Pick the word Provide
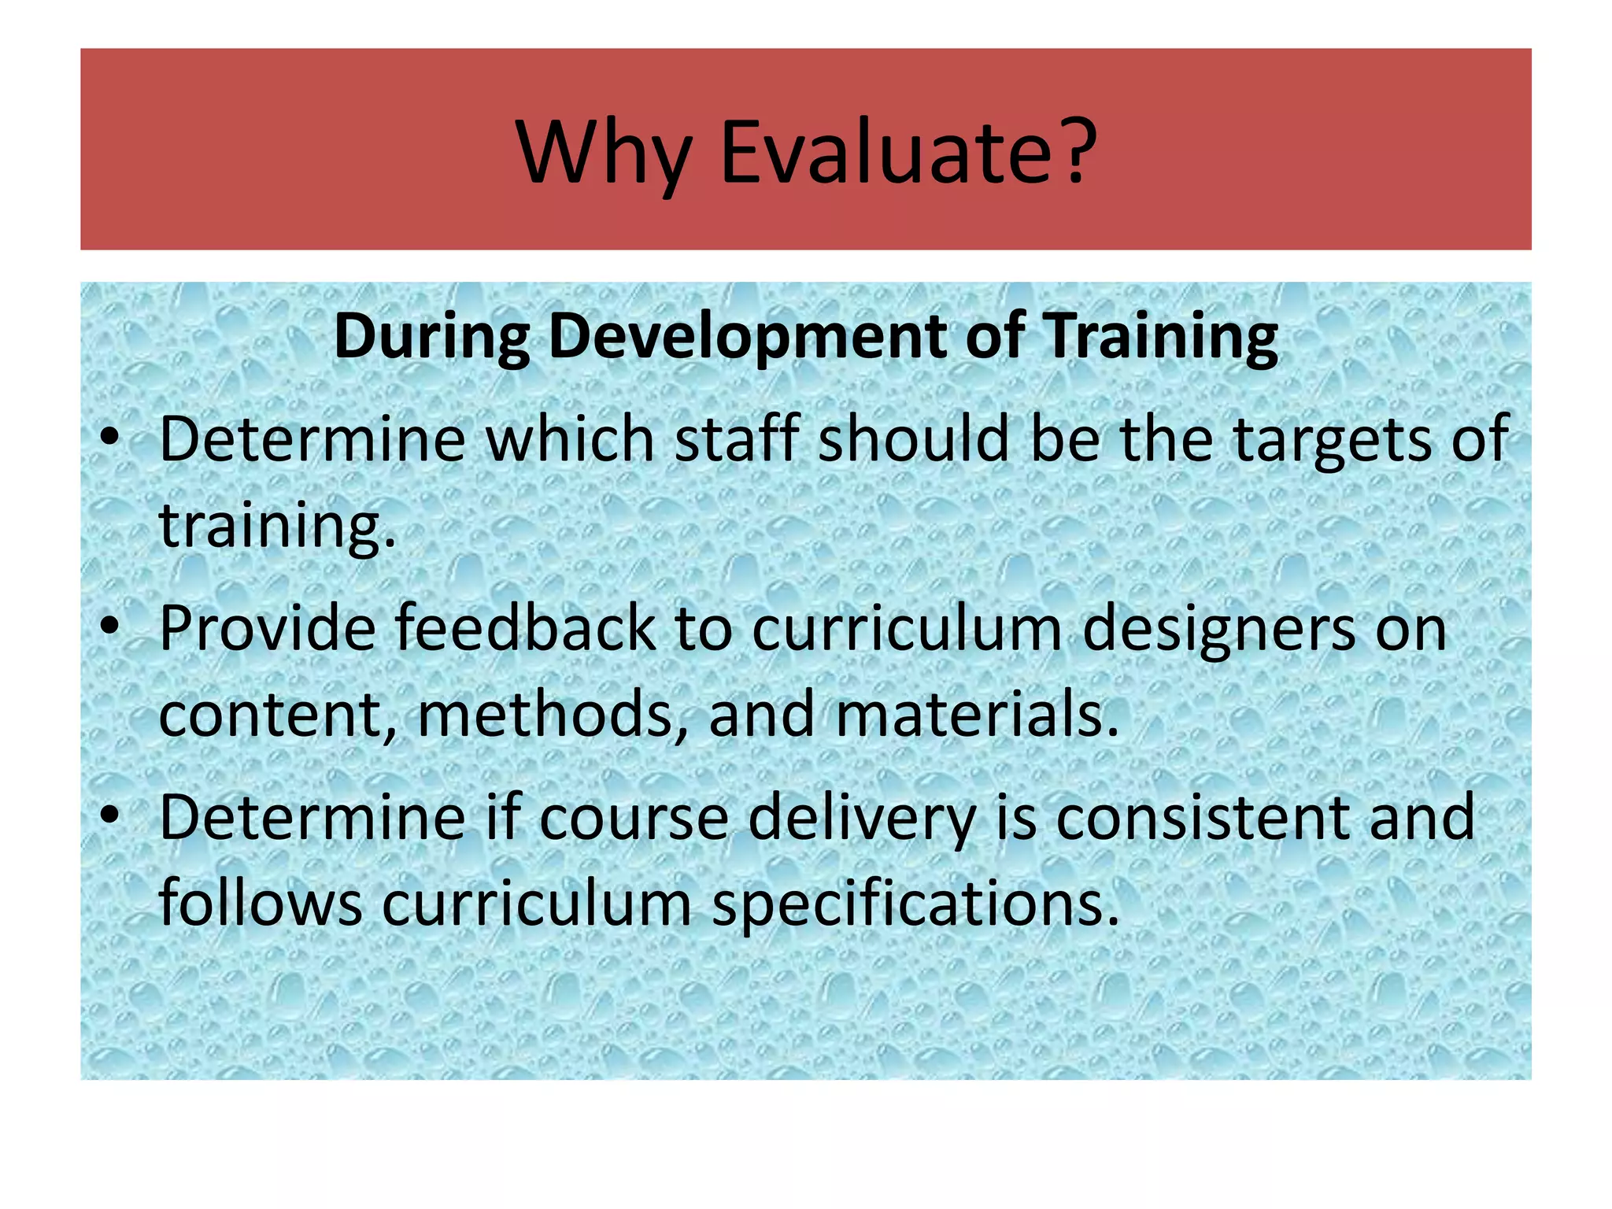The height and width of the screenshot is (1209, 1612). click(268, 628)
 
